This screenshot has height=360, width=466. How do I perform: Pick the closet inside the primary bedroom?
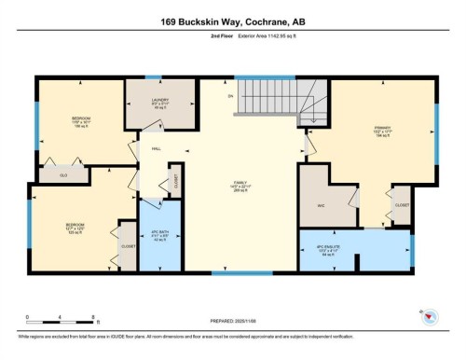pyautogui.click(x=402, y=204)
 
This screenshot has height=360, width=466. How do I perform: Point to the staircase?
pyautogui.click(x=274, y=99)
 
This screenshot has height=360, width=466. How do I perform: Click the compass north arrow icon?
pyautogui.click(x=430, y=316)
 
